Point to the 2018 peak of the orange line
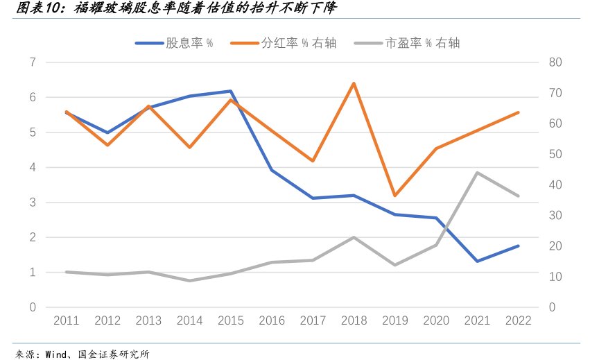(x=354, y=83)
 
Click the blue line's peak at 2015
(x=230, y=91)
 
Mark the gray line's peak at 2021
(x=478, y=173)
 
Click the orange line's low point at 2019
(x=395, y=196)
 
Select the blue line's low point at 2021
(x=478, y=261)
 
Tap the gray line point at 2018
(x=354, y=237)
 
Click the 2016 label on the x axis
(x=272, y=320)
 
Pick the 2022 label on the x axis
(x=518, y=320)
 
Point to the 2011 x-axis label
(x=67, y=320)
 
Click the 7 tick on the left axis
(x=33, y=62)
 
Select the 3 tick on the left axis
(x=33, y=203)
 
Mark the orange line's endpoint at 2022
(x=518, y=112)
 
